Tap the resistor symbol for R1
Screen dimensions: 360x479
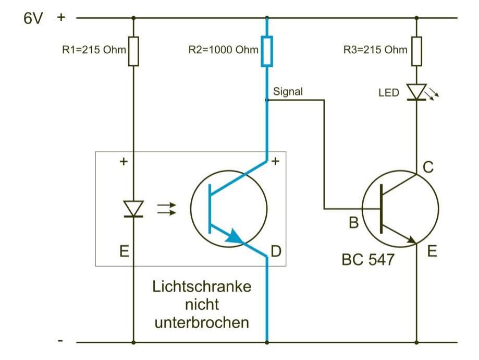pyautogui.click(x=133, y=51)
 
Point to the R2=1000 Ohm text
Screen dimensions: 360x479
pyautogui.click(x=223, y=51)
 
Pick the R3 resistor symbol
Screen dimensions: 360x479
pyautogui.click(x=416, y=51)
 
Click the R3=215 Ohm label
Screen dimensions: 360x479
pyautogui.click(x=375, y=51)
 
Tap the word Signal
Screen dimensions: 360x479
pyautogui.click(x=288, y=91)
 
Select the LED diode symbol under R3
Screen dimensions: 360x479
pyautogui.click(x=416, y=92)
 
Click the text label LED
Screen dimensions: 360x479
pyautogui.click(x=388, y=93)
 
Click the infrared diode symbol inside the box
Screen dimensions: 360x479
pyautogui.click(x=134, y=209)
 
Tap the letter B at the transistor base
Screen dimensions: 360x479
pyautogui.click(x=353, y=224)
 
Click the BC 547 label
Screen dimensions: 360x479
pyautogui.click(x=368, y=259)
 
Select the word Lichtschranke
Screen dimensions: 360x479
pyautogui.click(x=201, y=287)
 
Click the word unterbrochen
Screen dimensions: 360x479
pyautogui.click(x=201, y=322)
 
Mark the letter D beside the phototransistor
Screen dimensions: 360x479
pyautogui.click(x=276, y=252)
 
